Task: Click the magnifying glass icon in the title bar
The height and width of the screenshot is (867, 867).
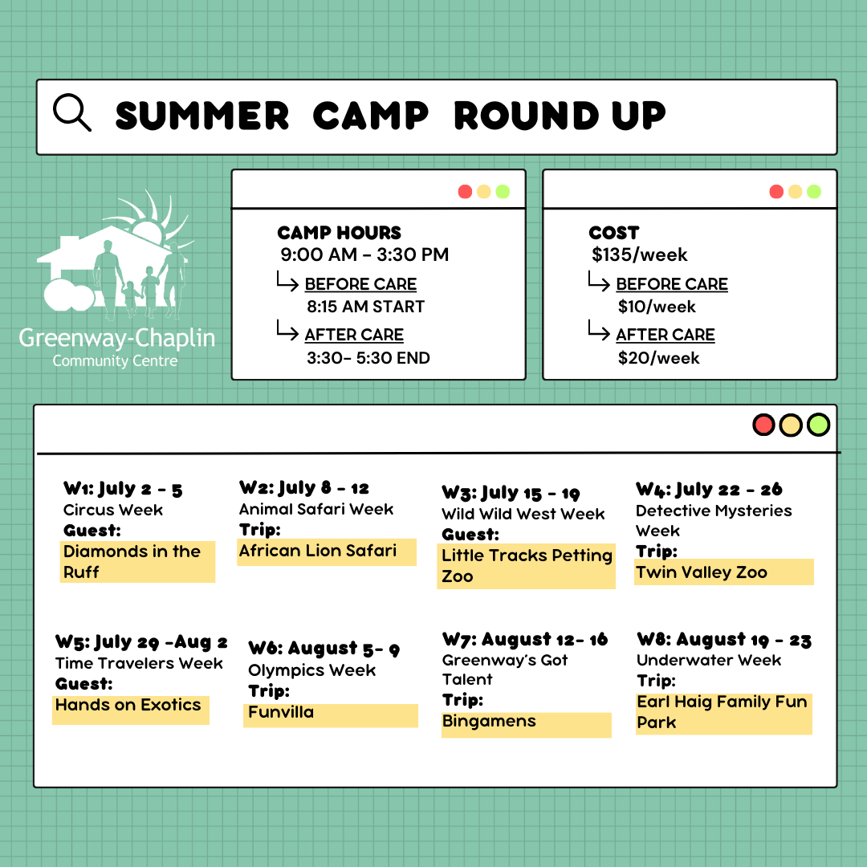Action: pos(71,113)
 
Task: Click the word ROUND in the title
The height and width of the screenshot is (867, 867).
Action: pos(526,116)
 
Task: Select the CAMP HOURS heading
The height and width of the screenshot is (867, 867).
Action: pos(339,233)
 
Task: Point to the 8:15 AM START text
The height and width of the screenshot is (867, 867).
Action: pos(365,307)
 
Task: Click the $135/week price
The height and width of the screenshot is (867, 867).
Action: pos(639,255)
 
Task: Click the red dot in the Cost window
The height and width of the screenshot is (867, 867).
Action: pos(775,191)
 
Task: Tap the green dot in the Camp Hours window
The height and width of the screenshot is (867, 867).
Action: pos(503,191)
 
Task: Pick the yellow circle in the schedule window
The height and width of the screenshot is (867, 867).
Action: pos(791,425)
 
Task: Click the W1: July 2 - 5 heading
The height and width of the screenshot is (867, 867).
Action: pos(123,489)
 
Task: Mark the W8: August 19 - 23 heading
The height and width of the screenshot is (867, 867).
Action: pos(723,640)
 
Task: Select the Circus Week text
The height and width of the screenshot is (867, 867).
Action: pos(113,510)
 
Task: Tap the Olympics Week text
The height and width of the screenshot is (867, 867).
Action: pos(311,670)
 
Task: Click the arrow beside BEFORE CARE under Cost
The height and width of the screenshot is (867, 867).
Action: pos(599,283)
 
